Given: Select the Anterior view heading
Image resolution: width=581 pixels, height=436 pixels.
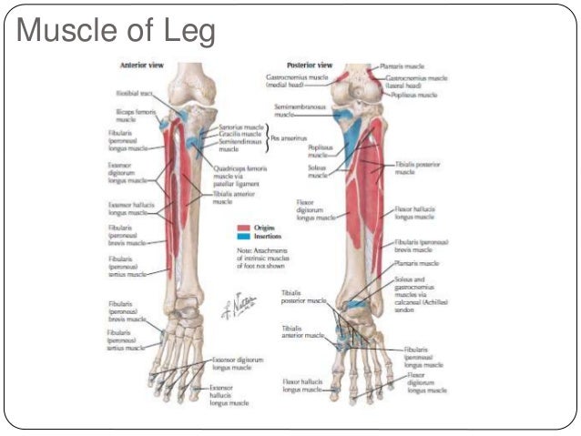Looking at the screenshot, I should (142, 66).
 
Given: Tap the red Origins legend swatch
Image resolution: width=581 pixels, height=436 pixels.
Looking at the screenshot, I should (245, 228).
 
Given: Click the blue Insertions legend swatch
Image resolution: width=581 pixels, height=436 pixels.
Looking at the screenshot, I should (245, 237).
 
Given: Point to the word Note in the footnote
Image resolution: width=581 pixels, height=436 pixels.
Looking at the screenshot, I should (243, 250).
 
